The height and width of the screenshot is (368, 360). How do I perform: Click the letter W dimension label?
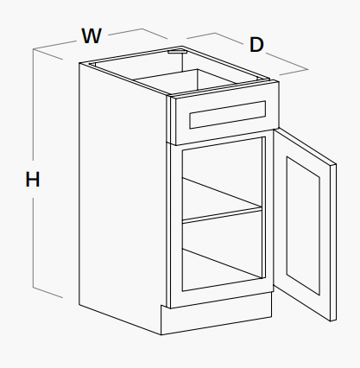(92, 35)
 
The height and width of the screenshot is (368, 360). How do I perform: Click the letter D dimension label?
(256, 45)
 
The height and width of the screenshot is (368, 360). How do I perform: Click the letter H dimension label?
(32, 179)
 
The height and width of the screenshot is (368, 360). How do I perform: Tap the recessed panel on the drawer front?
(227, 115)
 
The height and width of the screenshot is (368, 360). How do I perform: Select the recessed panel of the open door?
(303, 225)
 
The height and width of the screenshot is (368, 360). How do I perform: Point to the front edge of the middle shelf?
(222, 216)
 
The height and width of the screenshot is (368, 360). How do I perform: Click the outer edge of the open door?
(333, 243)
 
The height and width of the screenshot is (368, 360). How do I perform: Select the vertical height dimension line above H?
(34, 105)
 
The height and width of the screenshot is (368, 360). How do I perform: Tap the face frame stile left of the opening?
(176, 225)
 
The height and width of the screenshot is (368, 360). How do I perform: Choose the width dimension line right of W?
(137, 33)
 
